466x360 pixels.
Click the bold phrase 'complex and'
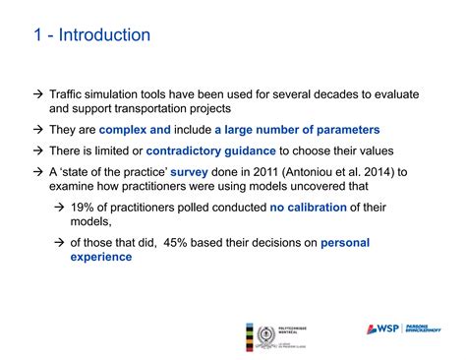[x=136, y=130]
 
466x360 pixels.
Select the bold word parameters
[x=343, y=130]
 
